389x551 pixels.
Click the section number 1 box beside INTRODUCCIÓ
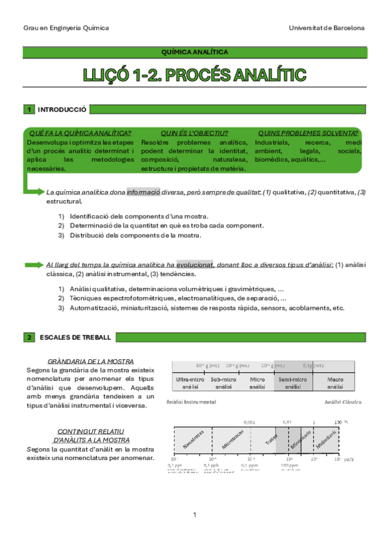pos(29,109)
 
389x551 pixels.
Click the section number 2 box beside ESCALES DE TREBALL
pos(29,337)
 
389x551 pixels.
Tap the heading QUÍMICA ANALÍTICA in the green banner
pos(194,51)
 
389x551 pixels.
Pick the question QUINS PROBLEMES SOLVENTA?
pos(308,133)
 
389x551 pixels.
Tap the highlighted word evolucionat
pos(195,264)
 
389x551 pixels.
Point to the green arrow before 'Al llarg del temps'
pos(33,264)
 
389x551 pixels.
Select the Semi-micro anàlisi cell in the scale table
pos(293,382)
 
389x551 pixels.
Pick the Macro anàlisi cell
pos(335,382)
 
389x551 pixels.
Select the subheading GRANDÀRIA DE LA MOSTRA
pos(91,361)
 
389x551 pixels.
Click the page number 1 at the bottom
pos(194,515)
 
